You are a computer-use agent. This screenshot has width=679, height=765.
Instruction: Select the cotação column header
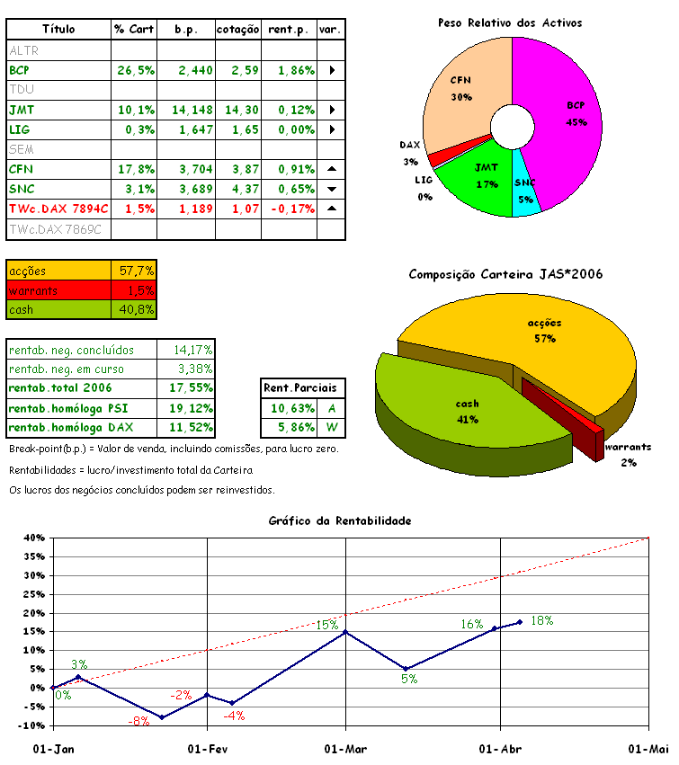238,30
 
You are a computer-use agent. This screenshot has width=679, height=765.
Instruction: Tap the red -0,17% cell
290,209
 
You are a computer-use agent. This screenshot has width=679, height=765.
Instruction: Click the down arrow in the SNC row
332,190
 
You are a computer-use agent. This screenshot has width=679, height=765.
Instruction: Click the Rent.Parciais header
300,388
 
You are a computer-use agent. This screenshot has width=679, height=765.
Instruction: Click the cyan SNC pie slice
526,193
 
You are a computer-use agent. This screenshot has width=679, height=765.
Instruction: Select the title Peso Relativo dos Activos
510,22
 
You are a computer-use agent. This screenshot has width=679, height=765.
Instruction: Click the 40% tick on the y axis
33,538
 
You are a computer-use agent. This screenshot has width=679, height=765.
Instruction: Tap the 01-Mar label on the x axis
345,750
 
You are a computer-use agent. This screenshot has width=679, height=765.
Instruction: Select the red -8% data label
138,722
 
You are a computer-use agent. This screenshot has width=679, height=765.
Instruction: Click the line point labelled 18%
520,622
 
